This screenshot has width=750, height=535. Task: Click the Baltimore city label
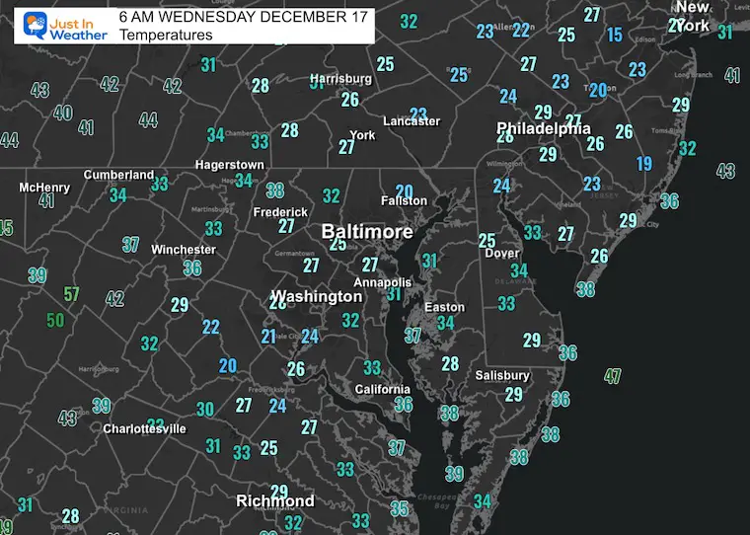366,231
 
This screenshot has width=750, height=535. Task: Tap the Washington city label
317,296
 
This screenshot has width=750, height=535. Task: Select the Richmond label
275,501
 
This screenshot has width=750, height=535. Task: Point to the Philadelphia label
544,128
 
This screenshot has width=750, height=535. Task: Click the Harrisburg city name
340,79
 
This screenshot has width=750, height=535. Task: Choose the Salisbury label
501,375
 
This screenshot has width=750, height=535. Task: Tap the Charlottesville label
145,429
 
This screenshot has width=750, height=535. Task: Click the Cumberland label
118,175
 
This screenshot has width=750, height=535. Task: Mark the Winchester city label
183,250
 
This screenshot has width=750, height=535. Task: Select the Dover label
502,254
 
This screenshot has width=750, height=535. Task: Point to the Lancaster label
412,121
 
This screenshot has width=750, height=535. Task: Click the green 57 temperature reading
71,294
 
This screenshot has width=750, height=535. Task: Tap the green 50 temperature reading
55,320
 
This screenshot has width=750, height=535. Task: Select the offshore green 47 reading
614,375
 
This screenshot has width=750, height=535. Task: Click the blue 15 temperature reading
615,36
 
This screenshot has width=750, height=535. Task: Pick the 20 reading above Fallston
404,191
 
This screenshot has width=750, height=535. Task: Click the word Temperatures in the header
165,35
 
